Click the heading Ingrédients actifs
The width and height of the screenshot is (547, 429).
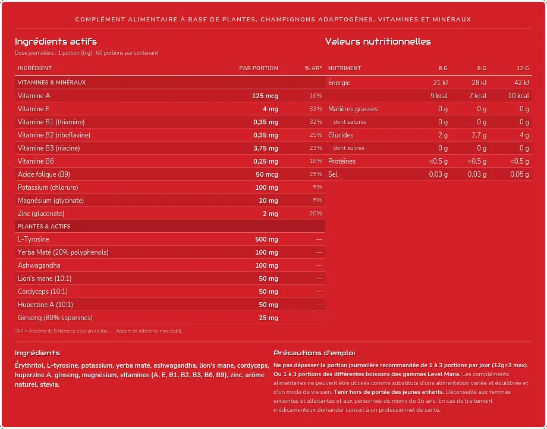(56, 42)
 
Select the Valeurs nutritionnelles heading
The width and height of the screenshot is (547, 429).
(378, 42)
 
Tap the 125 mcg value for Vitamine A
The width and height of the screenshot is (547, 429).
(265, 96)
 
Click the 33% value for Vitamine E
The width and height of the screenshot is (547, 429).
(316, 108)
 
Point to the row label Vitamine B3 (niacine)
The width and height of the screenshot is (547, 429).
(49, 148)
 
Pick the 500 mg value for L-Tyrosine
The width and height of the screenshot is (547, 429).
(266, 239)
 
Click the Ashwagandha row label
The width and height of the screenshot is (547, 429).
(39, 265)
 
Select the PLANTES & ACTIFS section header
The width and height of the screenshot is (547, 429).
(44, 227)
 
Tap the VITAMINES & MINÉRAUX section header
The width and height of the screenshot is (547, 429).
(52, 83)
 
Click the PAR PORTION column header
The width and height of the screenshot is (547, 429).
(259, 68)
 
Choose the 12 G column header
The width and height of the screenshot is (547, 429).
(523, 68)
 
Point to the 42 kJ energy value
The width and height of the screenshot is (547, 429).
(521, 83)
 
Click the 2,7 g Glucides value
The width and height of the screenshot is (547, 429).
(479, 135)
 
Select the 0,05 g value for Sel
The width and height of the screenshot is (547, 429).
(520, 174)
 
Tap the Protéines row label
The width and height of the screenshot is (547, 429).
(342, 161)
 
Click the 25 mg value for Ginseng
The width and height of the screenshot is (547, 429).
(268, 318)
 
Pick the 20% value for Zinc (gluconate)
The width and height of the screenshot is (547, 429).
(316, 213)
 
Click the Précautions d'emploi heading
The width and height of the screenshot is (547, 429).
(315, 353)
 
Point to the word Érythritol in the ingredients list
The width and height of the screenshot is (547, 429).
(29, 366)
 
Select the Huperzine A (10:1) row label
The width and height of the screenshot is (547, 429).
(45, 305)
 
